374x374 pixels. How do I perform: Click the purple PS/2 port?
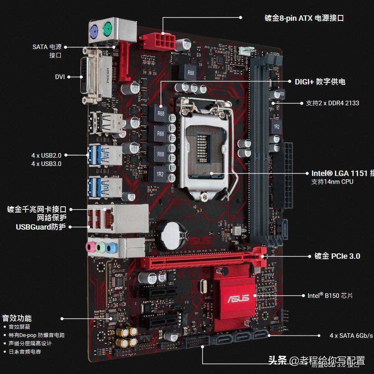(x=94, y=30)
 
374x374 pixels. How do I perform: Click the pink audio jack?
(x=90, y=247)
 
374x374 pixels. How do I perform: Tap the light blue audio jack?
(x=110, y=248)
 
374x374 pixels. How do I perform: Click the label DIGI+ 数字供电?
(x=320, y=82)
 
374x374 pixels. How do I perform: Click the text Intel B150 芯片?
(x=330, y=295)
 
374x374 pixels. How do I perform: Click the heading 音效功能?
(x=17, y=318)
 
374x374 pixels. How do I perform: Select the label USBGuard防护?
(x=40, y=227)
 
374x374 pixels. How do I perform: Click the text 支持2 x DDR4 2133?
(x=332, y=103)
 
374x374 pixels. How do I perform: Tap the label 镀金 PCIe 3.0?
(x=334, y=256)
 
